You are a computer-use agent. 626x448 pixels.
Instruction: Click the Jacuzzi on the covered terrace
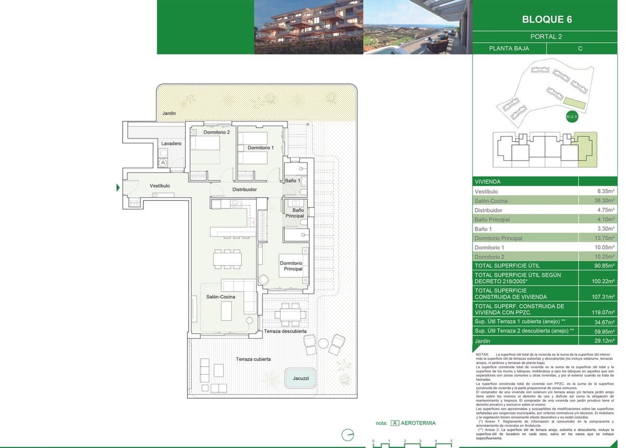(300, 378)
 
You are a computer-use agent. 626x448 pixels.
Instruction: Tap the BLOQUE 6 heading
(547, 20)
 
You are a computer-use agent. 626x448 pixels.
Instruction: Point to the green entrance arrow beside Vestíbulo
(118, 188)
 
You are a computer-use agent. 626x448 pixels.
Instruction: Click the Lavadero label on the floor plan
(171, 143)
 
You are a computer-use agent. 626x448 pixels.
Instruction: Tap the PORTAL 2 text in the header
(546, 36)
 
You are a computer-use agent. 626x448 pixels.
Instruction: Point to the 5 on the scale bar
(451, 441)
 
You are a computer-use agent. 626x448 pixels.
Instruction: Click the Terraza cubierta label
(253, 359)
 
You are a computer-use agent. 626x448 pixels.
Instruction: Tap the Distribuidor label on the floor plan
(245, 190)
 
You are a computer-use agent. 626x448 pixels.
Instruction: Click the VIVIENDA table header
(488, 182)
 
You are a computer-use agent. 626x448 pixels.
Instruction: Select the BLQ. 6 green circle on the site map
(572, 117)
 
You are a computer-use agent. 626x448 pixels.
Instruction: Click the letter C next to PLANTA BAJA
(580, 48)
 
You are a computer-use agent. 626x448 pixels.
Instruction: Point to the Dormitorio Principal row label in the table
(498, 238)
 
